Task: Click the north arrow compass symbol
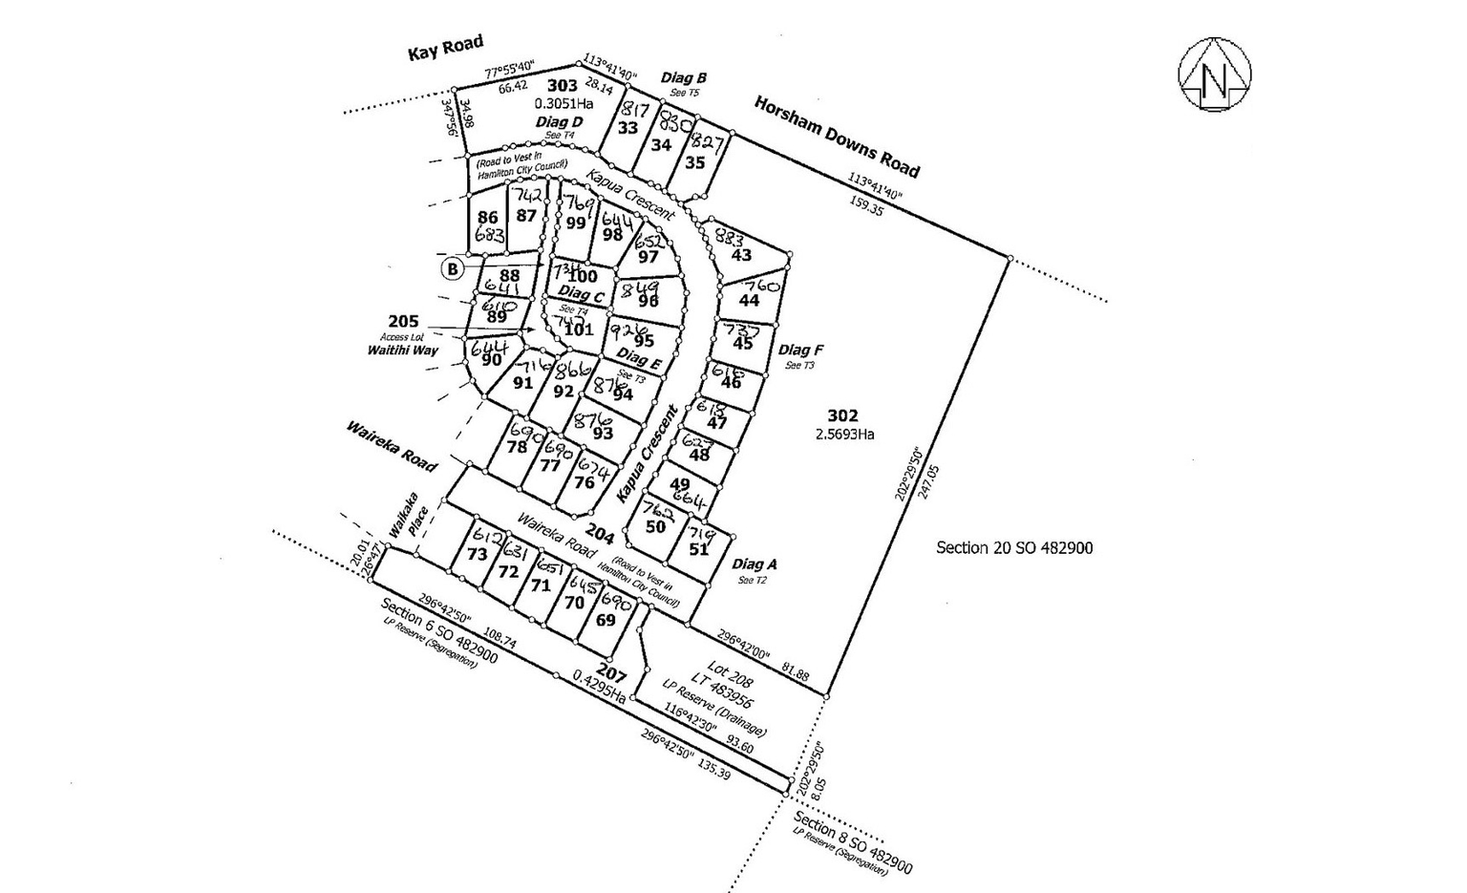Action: (x=1215, y=76)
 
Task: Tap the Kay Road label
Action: (x=445, y=48)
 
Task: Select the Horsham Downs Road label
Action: (x=837, y=137)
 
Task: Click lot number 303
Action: (x=562, y=86)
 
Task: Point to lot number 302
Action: (x=842, y=415)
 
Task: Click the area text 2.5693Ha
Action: (x=845, y=434)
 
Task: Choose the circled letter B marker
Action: (x=452, y=269)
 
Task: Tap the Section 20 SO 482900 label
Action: (x=1014, y=547)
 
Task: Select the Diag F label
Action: (x=800, y=350)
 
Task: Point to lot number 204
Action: (x=600, y=532)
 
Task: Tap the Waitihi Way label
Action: (x=402, y=351)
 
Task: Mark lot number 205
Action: (x=404, y=322)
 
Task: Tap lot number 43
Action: (x=741, y=255)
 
